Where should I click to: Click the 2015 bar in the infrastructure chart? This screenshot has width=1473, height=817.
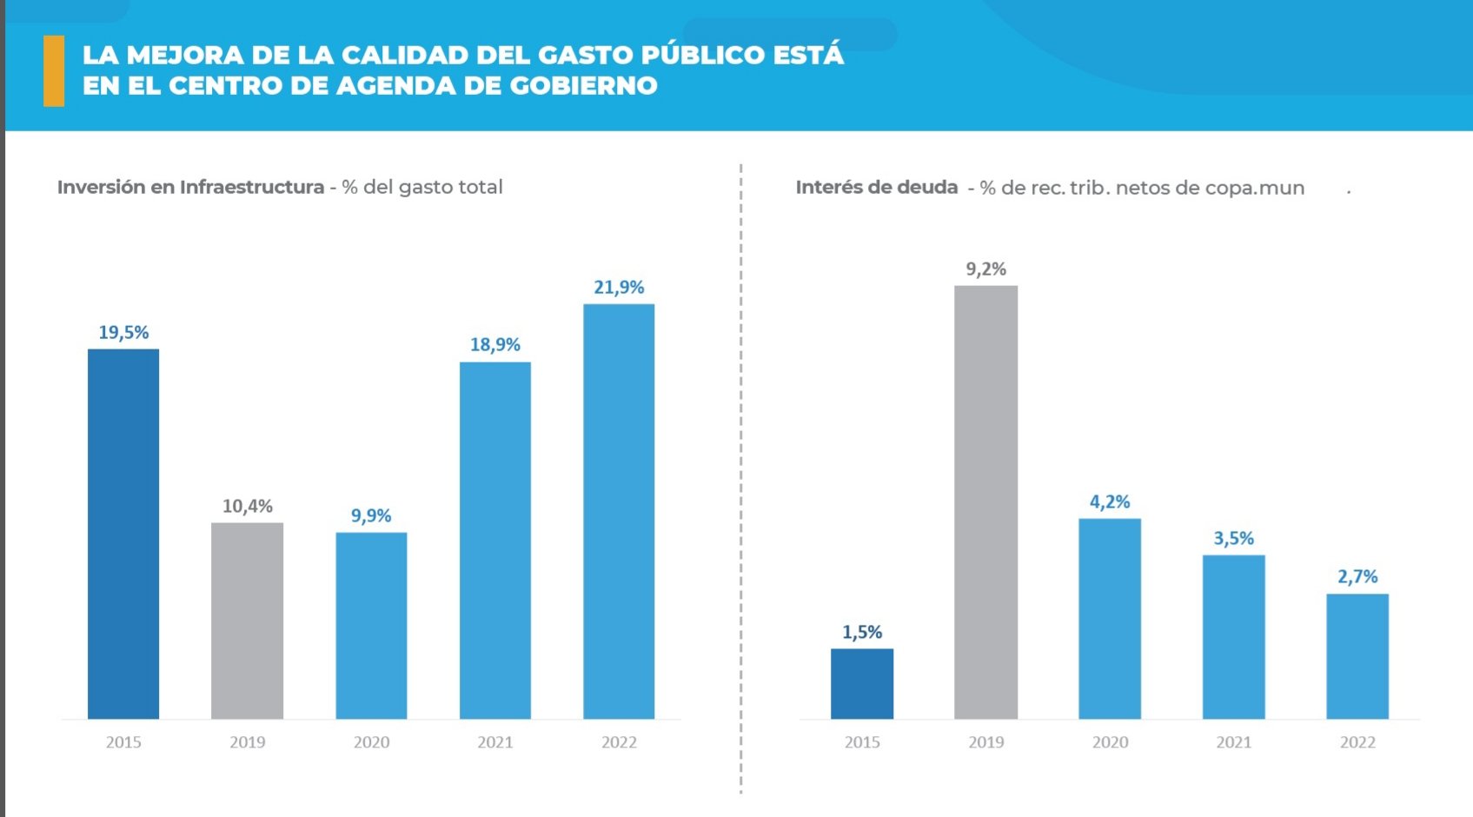pyautogui.click(x=123, y=534)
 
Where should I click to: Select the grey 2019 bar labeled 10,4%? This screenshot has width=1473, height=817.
pyautogui.click(x=247, y=621)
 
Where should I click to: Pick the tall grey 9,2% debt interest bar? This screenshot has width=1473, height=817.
pyautogui.click(x=985, y=501)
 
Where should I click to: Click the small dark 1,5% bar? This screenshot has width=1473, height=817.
pyautogui.click(x=861, y=683)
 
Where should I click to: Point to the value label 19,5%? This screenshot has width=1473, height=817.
pyautogui.click(x=123, y=333)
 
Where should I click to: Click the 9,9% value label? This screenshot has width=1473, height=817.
pyautogui.click(x=371, y=515)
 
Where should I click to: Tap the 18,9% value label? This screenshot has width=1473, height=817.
pyautogui.click(x=495, y=345)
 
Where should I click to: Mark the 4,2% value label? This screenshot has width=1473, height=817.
pyautogui.click(x=1110, y=502)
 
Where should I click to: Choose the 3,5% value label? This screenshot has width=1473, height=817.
pyautogui.click(x=1233, y=539)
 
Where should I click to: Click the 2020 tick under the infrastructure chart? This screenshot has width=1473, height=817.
pyautogui.click(x=371, y=742)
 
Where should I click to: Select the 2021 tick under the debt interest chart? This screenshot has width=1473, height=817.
pyautogui.click(x=1233, y=742)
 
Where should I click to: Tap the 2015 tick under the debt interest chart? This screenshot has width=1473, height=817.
pyautogui.click(x=862, y=742)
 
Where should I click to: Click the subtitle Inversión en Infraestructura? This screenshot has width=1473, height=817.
pyautogui.click(x=190, y=187)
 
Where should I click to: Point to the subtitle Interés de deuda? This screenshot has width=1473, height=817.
pyautogui.click(x=876, y=187)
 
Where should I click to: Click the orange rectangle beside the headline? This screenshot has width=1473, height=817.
pyautogui.click(x=54, y=70)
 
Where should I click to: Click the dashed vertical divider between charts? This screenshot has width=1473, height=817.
pyautogui.click(x=740, y=478)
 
